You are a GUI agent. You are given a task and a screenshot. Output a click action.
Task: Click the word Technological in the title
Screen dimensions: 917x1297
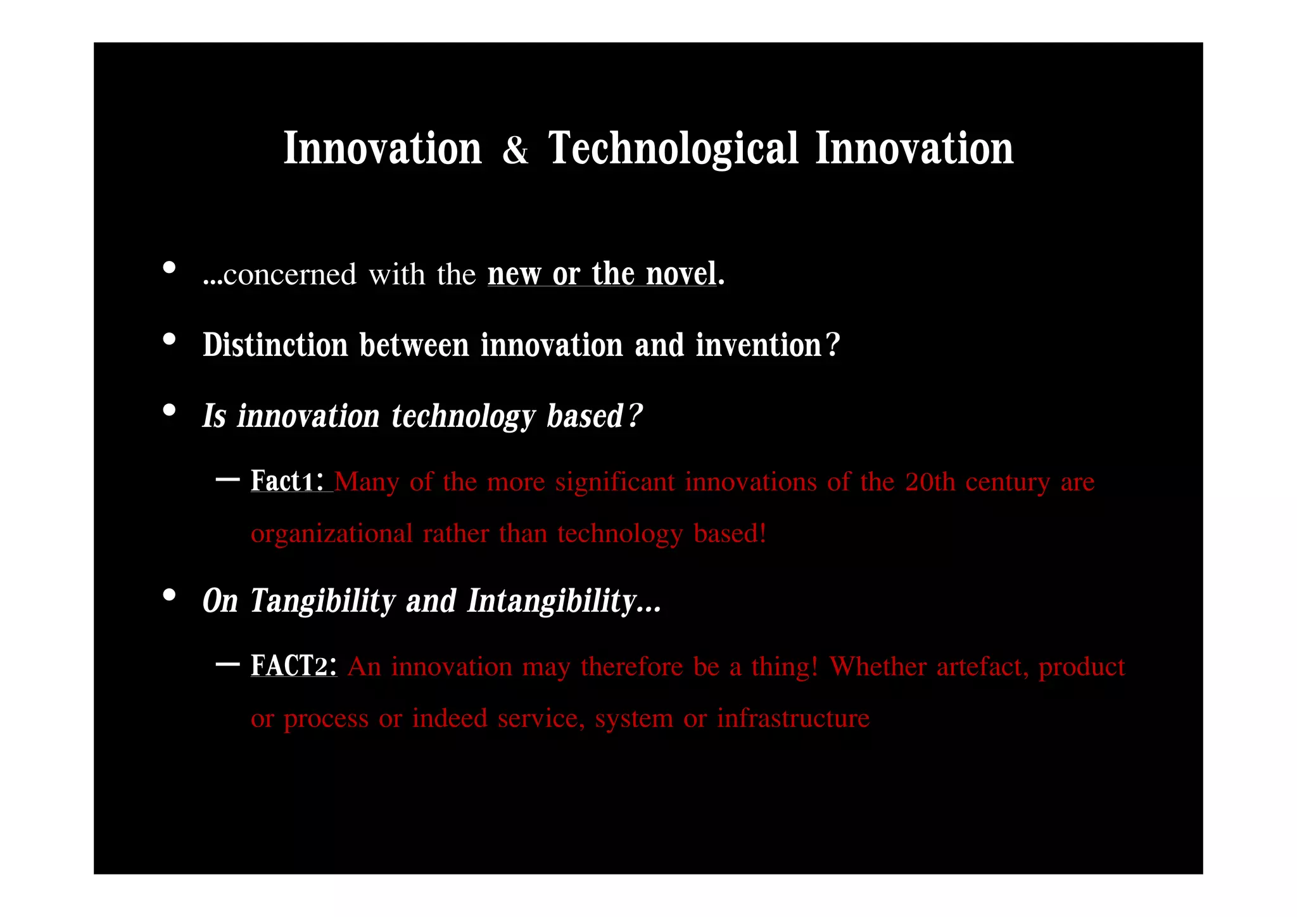(x=673, y=149)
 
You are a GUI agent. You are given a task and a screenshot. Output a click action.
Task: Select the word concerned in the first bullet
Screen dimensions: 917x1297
(x=289, y=275)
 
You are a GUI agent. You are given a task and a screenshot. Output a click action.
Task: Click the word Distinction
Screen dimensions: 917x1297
(x=275, y=346)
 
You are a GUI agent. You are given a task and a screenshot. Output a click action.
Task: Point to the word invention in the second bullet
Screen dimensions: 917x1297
(x=758, y=346)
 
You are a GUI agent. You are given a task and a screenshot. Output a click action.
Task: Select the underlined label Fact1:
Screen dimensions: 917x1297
(x=289, y=481)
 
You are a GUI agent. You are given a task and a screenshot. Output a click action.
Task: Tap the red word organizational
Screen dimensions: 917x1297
(x=331, y=534)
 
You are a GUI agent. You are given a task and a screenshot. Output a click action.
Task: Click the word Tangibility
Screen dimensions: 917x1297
(x=323, y=601)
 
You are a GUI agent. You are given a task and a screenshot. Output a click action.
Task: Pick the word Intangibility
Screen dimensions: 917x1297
(x=552, y=601)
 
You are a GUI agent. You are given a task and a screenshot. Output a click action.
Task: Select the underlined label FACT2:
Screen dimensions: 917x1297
(x=293, y=666)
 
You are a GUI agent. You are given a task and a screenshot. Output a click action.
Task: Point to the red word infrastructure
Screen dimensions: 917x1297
(x=793, y=719)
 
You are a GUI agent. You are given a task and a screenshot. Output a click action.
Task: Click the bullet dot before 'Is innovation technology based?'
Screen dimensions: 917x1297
(x=169, y=410)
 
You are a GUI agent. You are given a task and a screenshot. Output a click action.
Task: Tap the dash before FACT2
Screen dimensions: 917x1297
(x=227, y=664)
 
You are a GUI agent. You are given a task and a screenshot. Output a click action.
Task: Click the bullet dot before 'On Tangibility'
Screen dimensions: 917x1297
(x=169, y=595)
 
